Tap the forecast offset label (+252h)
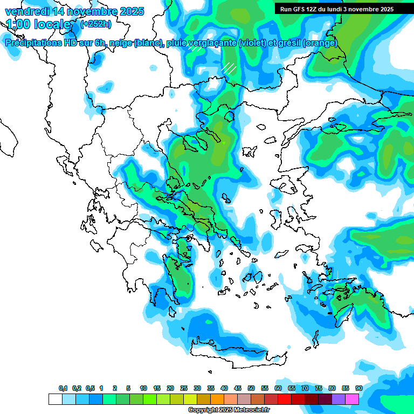pyautogui.click(x=96, y=24)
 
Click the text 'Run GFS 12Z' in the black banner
pyautogui.click(x=299, y=9)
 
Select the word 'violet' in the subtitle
pyautogui.click(x=252, y=43)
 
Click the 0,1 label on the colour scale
pyautogui.click(x=63, y=388)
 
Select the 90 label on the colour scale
pyautogui.click(x=359, y=388)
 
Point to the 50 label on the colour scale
pyautogui.click(x=251, y=388)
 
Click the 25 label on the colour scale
pyautogui.click(x=184, y=388)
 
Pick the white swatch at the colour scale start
pyautogui.click(x=56, y=399)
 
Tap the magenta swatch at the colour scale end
pyautogui.click(x=352, y=399)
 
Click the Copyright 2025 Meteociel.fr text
pyautogui.click(x=229, y=410)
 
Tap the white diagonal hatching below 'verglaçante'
pyautogui.click(x=229, y=68)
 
